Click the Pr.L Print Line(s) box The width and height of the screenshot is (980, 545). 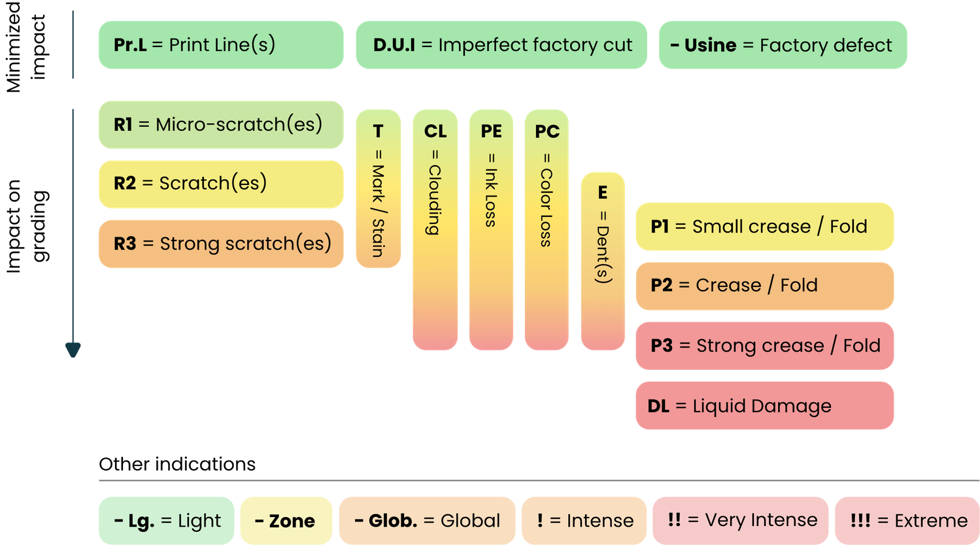(x=220, y=44)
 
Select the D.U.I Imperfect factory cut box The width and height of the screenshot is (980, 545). (x=501, y=44)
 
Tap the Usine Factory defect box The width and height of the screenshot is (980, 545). (x=782, y=44)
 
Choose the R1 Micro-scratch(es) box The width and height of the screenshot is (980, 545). (x=220, y=124)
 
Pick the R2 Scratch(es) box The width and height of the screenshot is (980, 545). (x=220, y=184)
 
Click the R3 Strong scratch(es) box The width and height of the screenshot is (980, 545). (x=220, y=244)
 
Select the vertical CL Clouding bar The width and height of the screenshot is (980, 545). (x=435, y=229)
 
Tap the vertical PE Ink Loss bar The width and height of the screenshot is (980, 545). (x=491, y=229)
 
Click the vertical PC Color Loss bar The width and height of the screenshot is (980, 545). (x=547, y=229)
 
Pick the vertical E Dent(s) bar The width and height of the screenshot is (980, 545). (x=602, y=261)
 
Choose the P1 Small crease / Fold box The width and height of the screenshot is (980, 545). (x=764, y=226)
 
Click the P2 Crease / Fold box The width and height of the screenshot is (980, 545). (x=764, y=286)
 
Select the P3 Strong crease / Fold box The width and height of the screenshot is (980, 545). (x=764, y=346)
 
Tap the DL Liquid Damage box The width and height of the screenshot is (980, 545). (x=764, y=406)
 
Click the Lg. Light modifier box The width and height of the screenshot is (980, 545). (x=166, y=520)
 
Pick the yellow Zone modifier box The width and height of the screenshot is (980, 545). (x=285, y=520)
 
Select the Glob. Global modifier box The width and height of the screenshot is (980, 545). (x=427, y=520)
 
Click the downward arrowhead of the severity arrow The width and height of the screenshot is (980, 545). (x=73, y=350)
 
